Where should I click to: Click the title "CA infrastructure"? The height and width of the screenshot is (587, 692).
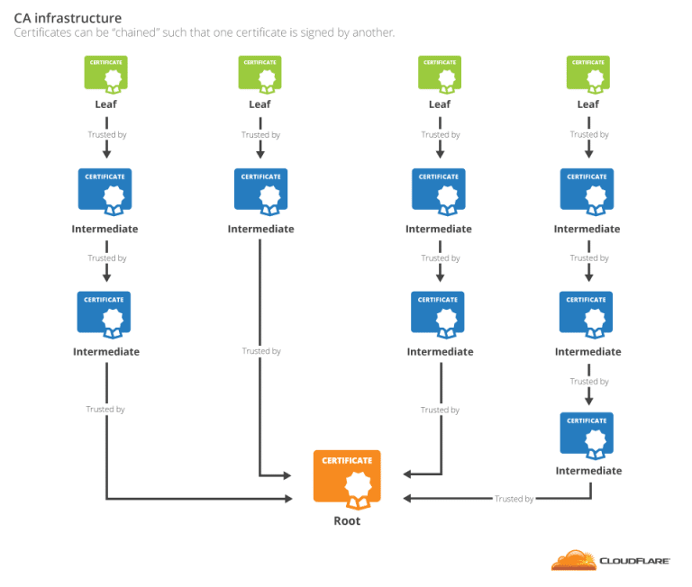click(68, 18)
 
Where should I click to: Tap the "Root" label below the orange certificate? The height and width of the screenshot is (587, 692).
click(347, 520)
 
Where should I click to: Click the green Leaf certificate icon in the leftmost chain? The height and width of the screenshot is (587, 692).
click(106, 73)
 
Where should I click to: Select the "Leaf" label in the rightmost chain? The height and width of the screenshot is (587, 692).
click(587, 104)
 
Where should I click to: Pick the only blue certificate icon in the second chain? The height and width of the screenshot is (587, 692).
click(260, 190)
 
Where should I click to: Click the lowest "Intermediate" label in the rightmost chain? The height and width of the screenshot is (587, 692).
click(588, 471)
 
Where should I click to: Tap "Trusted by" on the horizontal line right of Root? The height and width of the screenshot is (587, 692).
click(514, 499)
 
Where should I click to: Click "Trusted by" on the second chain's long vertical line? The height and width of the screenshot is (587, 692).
click(261, 351)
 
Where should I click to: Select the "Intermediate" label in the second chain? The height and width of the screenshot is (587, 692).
click(260, 229)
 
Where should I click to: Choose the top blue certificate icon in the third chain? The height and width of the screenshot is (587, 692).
click(439, 190)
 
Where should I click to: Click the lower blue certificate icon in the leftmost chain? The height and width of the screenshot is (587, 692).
click(106, 313)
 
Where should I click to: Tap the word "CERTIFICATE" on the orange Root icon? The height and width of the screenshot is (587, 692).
click(347, 460)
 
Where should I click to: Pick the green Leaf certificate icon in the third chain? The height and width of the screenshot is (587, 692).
click(440, 73)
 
